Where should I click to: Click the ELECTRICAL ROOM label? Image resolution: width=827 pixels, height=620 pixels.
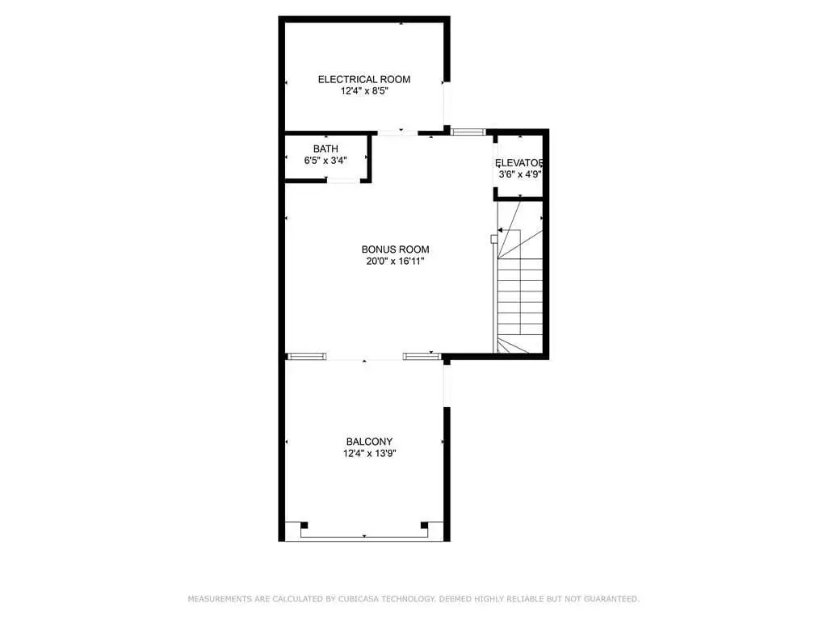coord(364,80)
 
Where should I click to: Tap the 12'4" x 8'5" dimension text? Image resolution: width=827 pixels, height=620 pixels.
coord(364,91)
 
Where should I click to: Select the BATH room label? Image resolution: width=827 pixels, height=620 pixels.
coord(325,149)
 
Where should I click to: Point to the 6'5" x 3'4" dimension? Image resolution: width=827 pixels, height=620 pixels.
coord(325,161)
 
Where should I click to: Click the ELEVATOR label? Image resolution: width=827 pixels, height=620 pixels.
coord(519,163)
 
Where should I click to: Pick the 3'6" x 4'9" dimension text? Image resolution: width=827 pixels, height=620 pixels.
coord(520,174)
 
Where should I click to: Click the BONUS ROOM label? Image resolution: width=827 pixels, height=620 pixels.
coord(395,249)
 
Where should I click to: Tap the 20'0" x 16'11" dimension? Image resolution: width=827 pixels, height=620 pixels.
coord(395,262)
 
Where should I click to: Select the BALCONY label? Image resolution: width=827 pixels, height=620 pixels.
coord(369,442)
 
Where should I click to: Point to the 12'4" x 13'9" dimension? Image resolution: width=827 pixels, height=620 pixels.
coord(369,454)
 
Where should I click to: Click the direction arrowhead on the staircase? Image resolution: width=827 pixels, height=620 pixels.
coord(499,230)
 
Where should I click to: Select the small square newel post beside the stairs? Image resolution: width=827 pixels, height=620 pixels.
coord(493,239)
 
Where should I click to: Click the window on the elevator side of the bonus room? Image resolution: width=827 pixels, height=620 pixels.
coord(468,132)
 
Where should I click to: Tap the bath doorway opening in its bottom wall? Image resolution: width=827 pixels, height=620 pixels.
coord(343,180)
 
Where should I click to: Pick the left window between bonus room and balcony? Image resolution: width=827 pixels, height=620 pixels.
coord(306,357)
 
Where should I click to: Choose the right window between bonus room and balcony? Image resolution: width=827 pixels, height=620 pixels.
coord(422,357)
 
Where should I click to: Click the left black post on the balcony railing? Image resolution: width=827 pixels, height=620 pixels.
coord(304,525)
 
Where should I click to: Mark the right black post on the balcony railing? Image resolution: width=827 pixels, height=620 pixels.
coord(425,525)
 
